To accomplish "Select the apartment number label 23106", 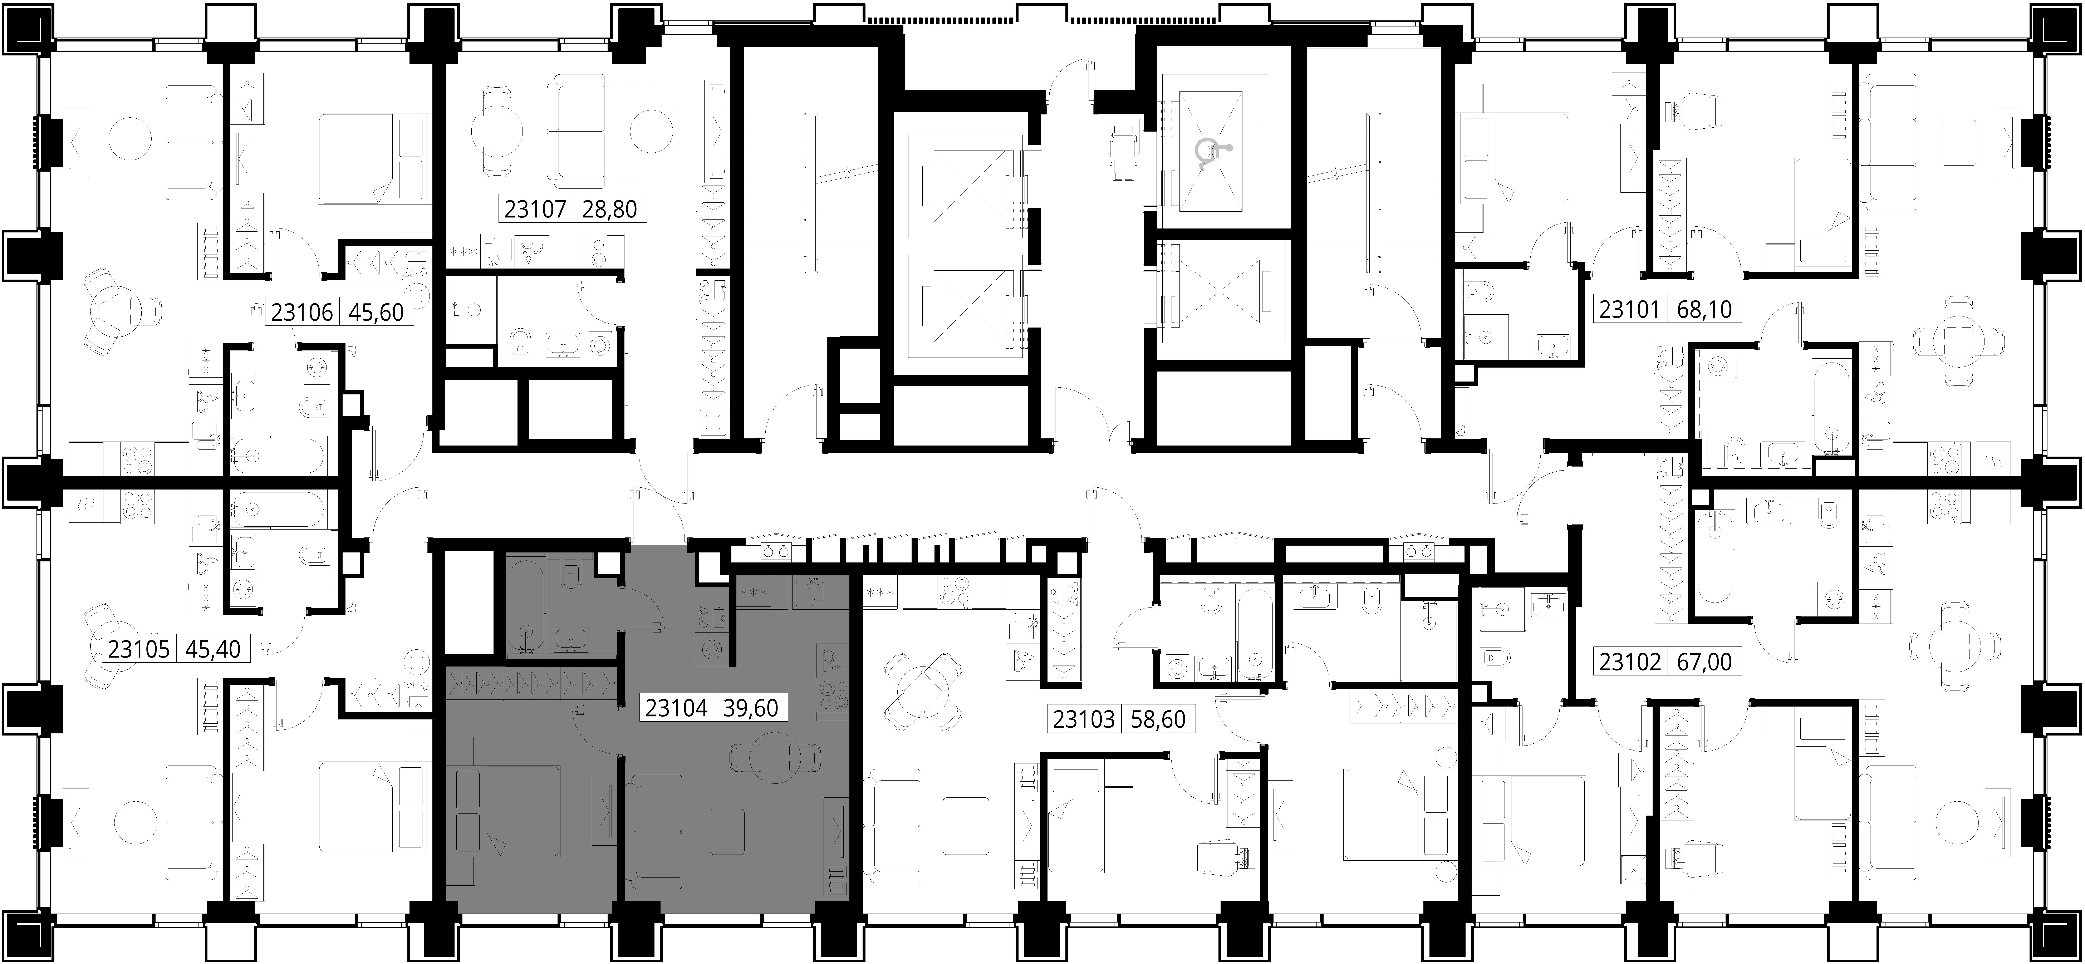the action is [x=302, y=312].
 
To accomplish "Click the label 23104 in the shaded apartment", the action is [x=677, y=708].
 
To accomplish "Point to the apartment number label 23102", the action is [x=1630, y=662].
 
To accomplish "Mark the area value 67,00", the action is [x=1704, y=662].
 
